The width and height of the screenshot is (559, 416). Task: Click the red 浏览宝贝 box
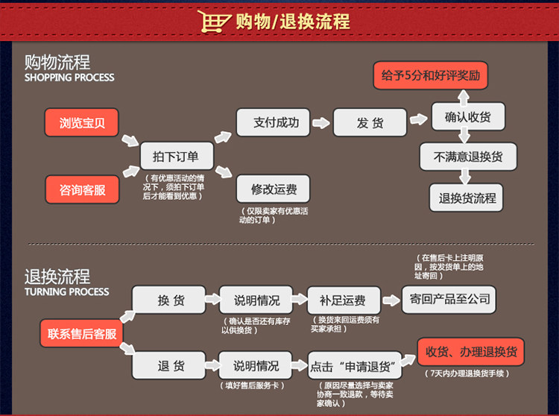tap(82, 123)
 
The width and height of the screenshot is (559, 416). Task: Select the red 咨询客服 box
tap(82, 189)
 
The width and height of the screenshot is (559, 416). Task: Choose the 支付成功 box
tap(275, 122)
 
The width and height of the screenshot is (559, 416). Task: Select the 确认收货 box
tap(468, 117)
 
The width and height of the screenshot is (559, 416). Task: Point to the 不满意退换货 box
tap(468, 157)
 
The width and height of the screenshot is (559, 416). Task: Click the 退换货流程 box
tap(468, 198)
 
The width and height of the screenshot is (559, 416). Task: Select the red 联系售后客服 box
tap(82, 333)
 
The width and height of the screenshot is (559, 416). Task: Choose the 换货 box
tap(171, 300)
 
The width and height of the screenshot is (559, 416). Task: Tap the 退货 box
tap(171, 366)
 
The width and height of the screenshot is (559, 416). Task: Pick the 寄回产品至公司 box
tap(449, 299)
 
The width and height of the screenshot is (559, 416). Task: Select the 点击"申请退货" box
tap(355, 366)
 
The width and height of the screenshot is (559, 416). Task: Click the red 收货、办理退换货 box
tap(470, 351)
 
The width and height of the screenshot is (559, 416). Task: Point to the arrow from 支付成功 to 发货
tap(322, 122)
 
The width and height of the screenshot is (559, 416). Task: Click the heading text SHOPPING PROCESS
tap(69, 78)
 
